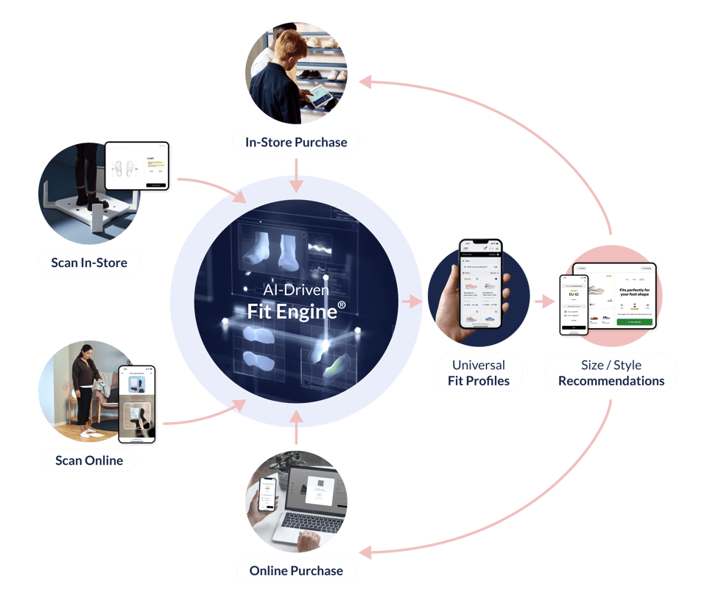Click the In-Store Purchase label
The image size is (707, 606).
[x=296, y=141]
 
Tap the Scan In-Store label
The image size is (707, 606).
[x=89, y=262]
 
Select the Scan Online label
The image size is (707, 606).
[x=88, y=461]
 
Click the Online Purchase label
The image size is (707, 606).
[x=296, y=570]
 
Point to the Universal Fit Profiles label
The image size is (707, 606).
[x=479, y=373]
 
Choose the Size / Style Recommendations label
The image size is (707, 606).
[x=611, y=373]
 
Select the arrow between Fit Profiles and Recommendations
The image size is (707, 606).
[x=545, y=301]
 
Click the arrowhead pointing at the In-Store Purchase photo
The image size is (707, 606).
[x=367, y=83]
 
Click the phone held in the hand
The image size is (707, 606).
[x=480, y=283]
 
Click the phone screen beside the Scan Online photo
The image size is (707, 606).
[x=138, y=403]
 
